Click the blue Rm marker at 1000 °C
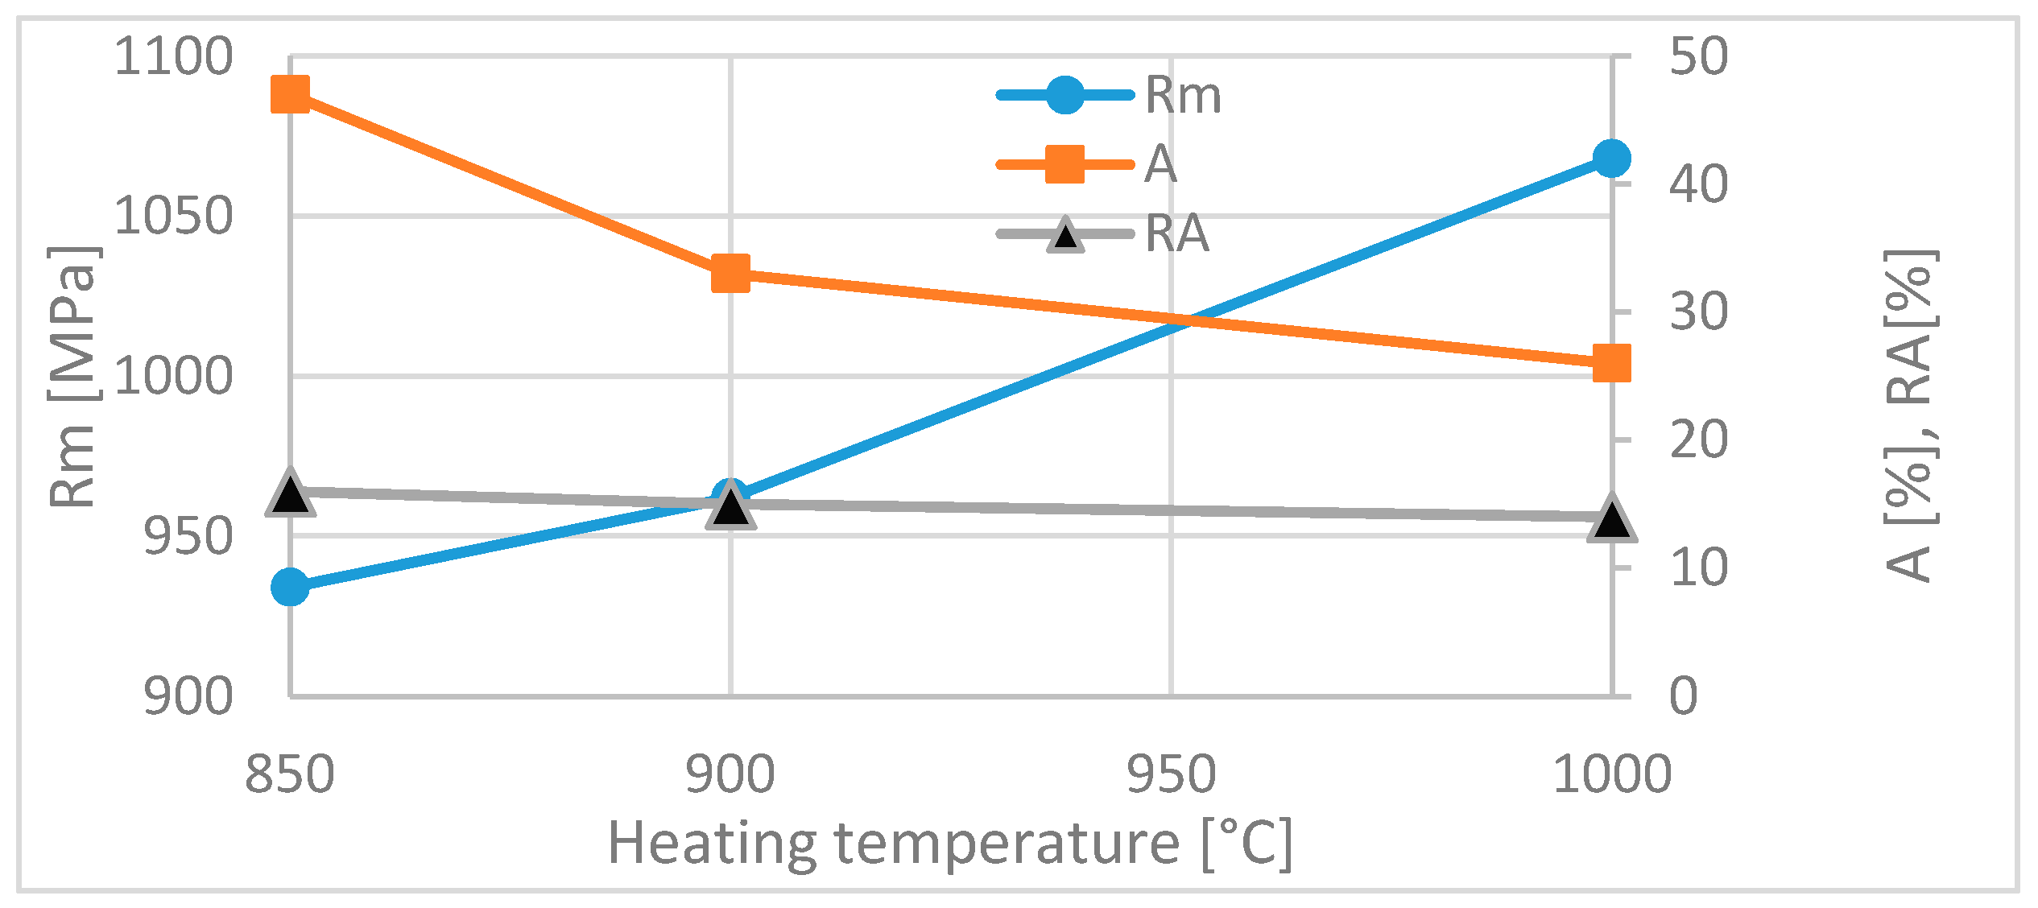click(1611, 158)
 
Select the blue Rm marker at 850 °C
click(290, 587)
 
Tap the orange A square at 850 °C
click(290, 95)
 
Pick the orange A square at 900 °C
click(730, 274)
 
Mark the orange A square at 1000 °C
click(1611, 364)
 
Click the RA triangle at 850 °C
click(290, 492)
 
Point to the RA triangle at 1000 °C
click(1611, 519)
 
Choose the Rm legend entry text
click(1182, 96)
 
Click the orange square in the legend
click(1064, 164)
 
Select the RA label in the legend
click(1176, 234)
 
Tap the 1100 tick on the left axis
click(173, 57)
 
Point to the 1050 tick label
click(173, 216)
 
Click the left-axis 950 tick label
click(188, 537)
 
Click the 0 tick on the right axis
click(1684, 695)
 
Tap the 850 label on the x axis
click(289, 775)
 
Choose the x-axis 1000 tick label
click(1612, 775)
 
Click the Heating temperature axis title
click(950, 844)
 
